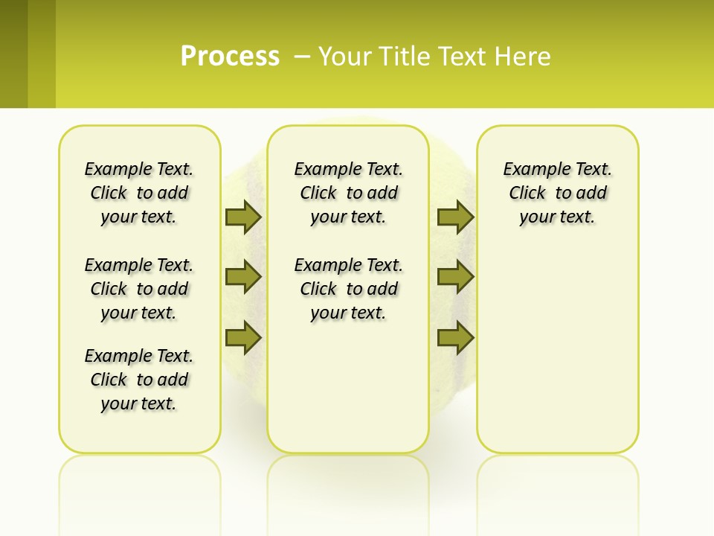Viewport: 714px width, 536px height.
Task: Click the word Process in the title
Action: pos(230,56)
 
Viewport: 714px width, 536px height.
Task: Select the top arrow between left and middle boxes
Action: pos(243,217)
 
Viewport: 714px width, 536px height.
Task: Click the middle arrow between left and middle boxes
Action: pos(243,277)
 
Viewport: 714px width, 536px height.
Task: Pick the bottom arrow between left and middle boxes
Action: pos(243,337)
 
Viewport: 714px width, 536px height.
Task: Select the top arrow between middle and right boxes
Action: pos(455,217)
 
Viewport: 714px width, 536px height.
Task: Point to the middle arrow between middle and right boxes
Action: pos(455,277)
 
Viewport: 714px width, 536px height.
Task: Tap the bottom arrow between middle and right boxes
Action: pos(455,337)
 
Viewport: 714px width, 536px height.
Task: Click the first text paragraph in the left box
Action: pos(139,193)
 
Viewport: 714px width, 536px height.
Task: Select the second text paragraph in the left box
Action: pos(139,289)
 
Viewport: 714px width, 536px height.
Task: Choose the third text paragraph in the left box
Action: pos(139,380)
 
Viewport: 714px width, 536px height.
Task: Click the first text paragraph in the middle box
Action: pos(348,193)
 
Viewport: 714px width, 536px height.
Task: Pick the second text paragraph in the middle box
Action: pos(348,289)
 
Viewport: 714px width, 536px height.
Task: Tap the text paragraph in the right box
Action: pos(557,193)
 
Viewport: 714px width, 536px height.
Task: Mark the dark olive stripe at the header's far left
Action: pos(13,54)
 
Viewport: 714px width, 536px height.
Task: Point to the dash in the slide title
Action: pos(302,57)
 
